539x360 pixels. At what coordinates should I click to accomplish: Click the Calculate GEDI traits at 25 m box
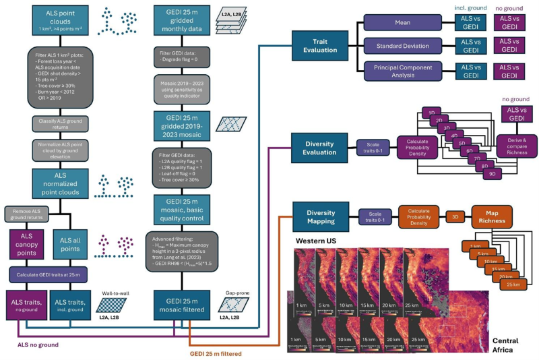coord(49,276)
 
